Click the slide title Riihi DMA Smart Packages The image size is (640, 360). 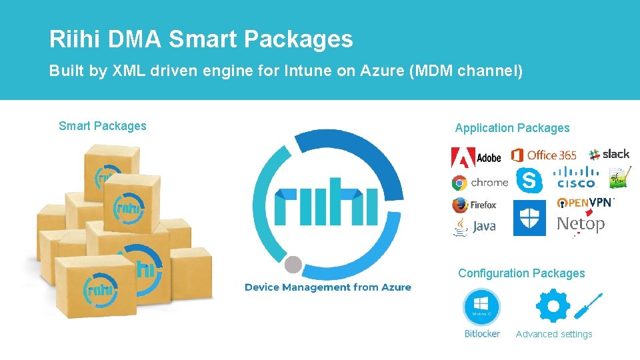tap(201, 40)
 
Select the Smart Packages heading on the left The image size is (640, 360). tap(103, 126)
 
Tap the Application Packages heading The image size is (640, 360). tap(512, 128)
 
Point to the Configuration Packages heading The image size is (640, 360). tap(521, 273)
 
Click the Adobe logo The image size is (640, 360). tap(476, 157)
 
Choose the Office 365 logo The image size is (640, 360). tap(544, 155)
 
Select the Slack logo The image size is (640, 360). tap(609, 154)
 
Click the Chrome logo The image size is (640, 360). tap(479, 183)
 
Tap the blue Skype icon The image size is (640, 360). tap(529, 179)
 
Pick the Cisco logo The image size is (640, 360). tap(575, 179)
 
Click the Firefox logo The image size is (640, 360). tap(474, 205)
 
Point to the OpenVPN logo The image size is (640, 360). tap(585, 202)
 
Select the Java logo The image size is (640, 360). tap(474, 227)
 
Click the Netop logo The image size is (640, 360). tap(581, 225)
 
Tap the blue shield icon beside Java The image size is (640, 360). tap(529, 219)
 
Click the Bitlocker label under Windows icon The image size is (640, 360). tap(482, 334)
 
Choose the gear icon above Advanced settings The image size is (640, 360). tap(553, 306)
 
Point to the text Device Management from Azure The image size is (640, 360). tap(328, 287)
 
